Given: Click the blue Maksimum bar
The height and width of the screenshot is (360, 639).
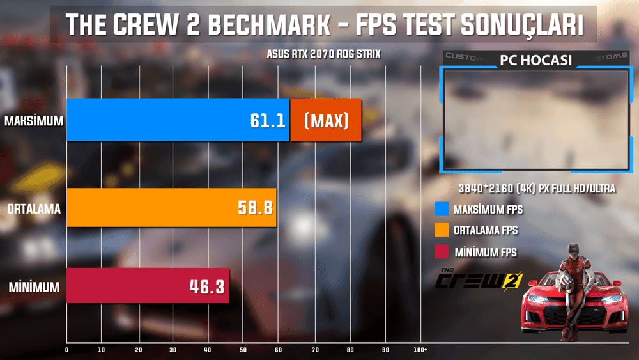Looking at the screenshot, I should tap(178, 120).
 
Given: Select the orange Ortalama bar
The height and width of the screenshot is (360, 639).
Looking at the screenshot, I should tap(171, 207).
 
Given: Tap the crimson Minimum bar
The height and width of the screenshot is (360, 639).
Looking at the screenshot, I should tap(148, 286).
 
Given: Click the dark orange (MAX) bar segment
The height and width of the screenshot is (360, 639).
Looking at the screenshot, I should tap(326, 120).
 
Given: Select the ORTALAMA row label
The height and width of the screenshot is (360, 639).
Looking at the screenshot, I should tap(34, 208).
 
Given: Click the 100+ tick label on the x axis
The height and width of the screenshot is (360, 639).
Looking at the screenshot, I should tap(420, 350).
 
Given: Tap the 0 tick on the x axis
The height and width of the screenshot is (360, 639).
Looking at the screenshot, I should tap(67, 350).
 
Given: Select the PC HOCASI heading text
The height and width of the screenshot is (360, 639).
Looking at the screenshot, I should tap(535, 62).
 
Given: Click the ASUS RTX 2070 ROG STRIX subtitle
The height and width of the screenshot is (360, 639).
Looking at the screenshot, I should tap(323, 54).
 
